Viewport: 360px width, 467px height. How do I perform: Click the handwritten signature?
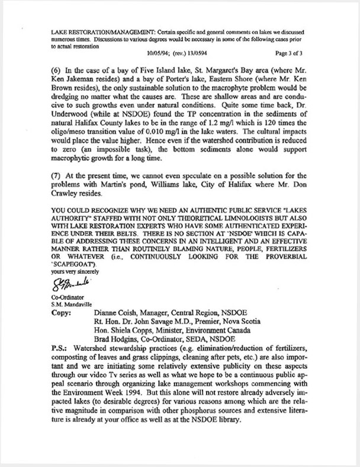tap(70, 284)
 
